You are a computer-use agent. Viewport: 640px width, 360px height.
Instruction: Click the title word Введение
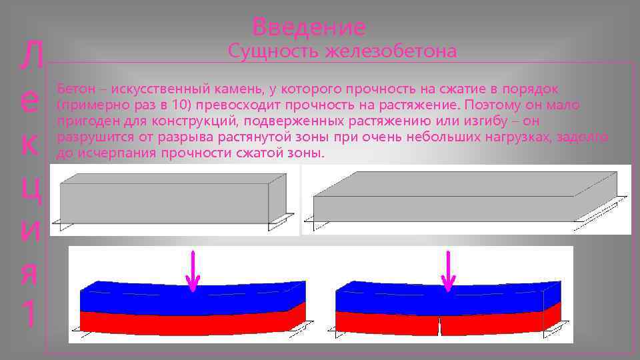click(309, 27)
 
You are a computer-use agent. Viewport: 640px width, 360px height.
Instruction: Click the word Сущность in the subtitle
click(273, 51)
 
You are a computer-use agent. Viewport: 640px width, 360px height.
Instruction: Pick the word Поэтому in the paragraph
click(490, 105)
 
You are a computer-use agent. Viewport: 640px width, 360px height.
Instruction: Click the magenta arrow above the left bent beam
click(193, 271)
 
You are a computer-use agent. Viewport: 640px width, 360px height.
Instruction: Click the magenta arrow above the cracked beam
click(449, 271)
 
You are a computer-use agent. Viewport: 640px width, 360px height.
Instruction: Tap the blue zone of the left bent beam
click(187, 299)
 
